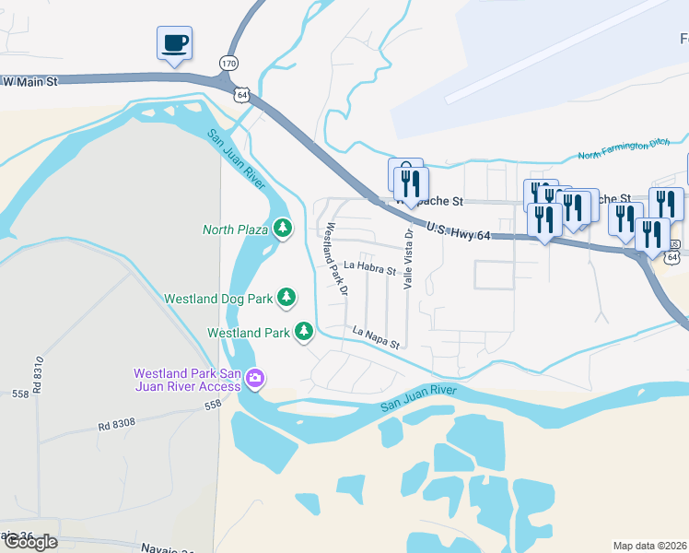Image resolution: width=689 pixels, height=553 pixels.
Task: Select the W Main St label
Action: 29,82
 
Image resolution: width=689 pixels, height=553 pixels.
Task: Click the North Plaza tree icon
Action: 282,229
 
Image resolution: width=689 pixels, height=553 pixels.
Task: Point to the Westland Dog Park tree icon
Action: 287,298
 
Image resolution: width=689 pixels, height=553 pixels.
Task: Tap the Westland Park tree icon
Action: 304,332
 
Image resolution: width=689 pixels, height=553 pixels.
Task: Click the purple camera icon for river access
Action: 255,378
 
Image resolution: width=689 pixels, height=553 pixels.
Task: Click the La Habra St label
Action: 368,270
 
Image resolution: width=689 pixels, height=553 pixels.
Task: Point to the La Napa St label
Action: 378,337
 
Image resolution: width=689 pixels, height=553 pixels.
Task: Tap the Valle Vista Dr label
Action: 409,259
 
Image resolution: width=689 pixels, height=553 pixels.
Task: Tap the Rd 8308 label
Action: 117,426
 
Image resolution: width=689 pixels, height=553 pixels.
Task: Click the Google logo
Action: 29,542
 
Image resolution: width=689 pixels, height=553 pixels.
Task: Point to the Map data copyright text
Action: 650,546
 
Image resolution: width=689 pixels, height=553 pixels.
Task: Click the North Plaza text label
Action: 235,229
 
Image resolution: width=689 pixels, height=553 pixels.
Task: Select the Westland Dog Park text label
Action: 218,299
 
